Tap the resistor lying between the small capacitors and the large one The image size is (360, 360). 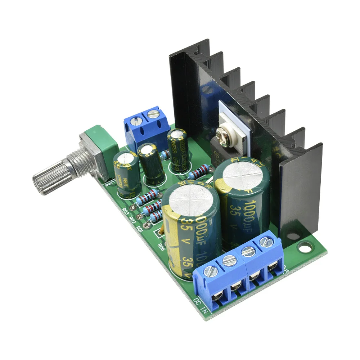(x=199, y=172)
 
